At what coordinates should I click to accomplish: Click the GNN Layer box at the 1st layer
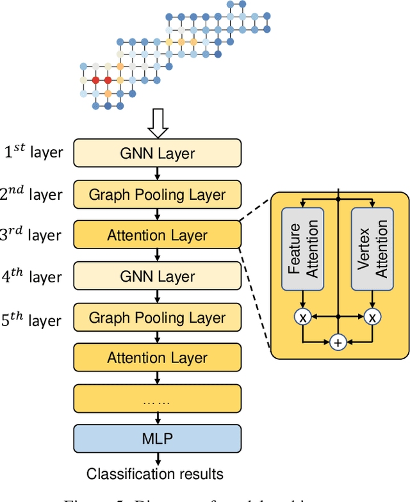pyautogui.click(x=158, y=153)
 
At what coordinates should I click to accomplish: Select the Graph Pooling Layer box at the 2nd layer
pyautogui.click(x=158, y=194)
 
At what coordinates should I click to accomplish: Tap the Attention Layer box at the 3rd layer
pyautogui.click(x=158, y=235)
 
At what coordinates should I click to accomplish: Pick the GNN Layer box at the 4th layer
pyautogui.click(x=158, y=276)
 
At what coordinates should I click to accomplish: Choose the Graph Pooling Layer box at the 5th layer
pyautogui.click(x=158, y=317)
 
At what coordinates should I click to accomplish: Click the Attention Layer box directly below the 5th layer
pyautogui.click(x=158, y=357)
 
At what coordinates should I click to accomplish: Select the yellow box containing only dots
pyautogui.click(x=158, y=399)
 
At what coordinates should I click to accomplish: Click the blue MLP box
pyautogui.click(x=158, y=439)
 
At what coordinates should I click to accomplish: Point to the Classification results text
pyautogui.click(x=155, y=474)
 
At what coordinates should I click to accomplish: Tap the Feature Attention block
pyautogui.click(x=302, y=248)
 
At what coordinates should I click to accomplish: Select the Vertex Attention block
pyautogui.click(x=373, y=248)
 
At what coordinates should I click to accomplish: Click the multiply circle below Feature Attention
pyautogui.click(x=302, y=316)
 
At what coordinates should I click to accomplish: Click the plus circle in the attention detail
pyautogui.click(x=338, y=343)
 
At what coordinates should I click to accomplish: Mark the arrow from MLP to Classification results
pyautogui.click(x=158, y=459)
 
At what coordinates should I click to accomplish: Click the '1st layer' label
pyautogui.click(x=33, y=152)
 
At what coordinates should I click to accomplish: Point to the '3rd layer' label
pyautogui.click(x=32, y=235)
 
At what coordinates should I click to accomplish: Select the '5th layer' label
pyautogui.click(x=32, y=320)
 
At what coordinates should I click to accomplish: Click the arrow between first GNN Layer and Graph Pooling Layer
pyautogui.click(x=158, y=174)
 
